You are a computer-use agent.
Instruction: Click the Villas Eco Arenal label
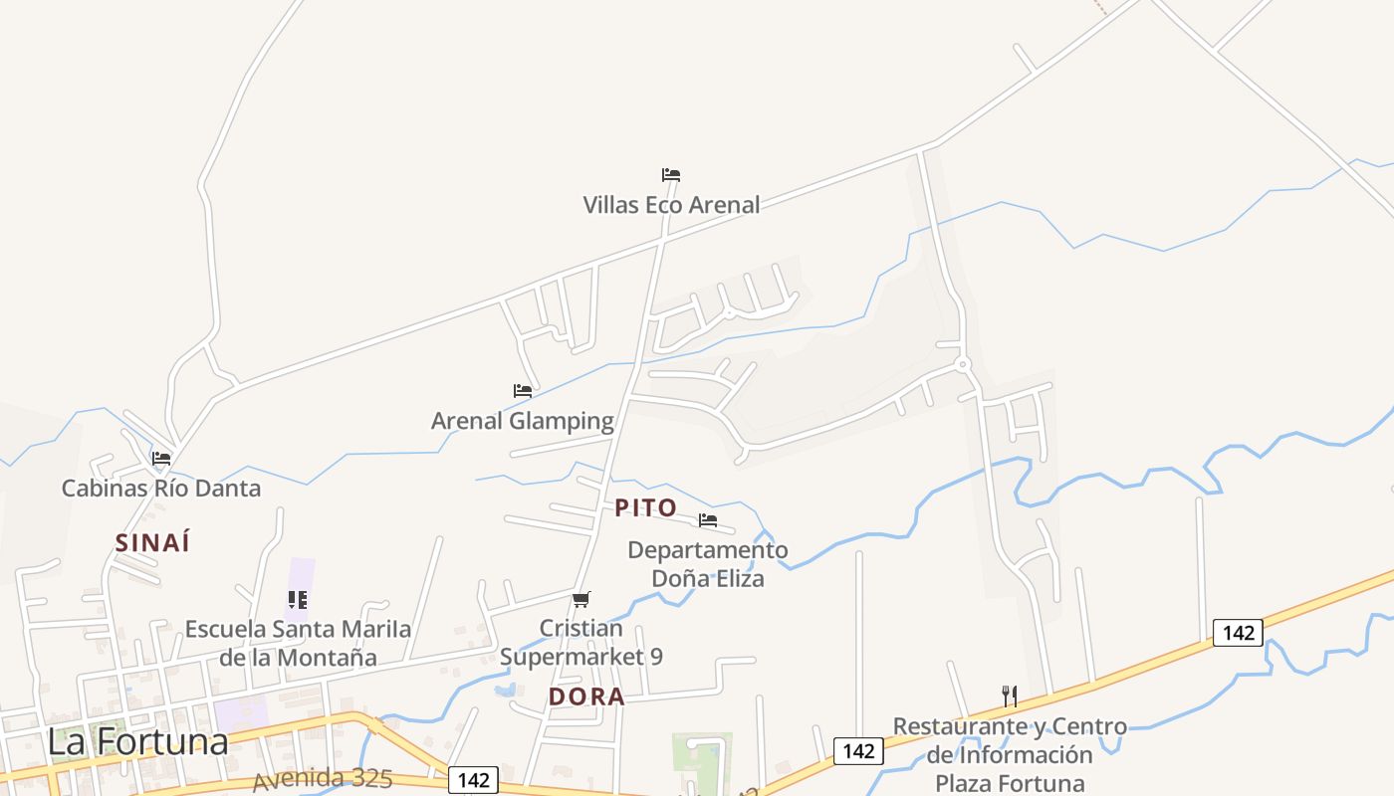point(671,205)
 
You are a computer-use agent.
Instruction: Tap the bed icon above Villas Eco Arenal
point(671,175)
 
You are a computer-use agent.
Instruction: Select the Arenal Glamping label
point(522,421)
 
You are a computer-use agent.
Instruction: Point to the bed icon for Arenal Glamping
point(522,391)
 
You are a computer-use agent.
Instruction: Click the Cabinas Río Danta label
point(161,489)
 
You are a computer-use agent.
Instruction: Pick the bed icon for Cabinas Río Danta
point(161,459)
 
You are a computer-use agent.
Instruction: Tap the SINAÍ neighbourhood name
point(152,543)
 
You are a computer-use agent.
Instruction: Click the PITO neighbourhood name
point(646,508)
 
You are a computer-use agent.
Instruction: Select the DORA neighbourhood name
point(586,697)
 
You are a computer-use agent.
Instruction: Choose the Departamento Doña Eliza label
point(707,563)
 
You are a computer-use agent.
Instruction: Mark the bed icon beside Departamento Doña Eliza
point(708,519)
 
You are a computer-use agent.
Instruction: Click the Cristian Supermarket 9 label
point(581,643)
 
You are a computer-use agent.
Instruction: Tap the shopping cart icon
point(581,599)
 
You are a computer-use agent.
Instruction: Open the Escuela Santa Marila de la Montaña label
point(298,643)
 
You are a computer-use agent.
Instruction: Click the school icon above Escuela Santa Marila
point(298,599)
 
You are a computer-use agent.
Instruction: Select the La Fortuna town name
point(137,741)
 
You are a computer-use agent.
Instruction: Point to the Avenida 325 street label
point(323,778)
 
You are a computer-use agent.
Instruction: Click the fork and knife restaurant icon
point(1010,696)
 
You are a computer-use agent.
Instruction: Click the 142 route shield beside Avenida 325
point(473,780)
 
